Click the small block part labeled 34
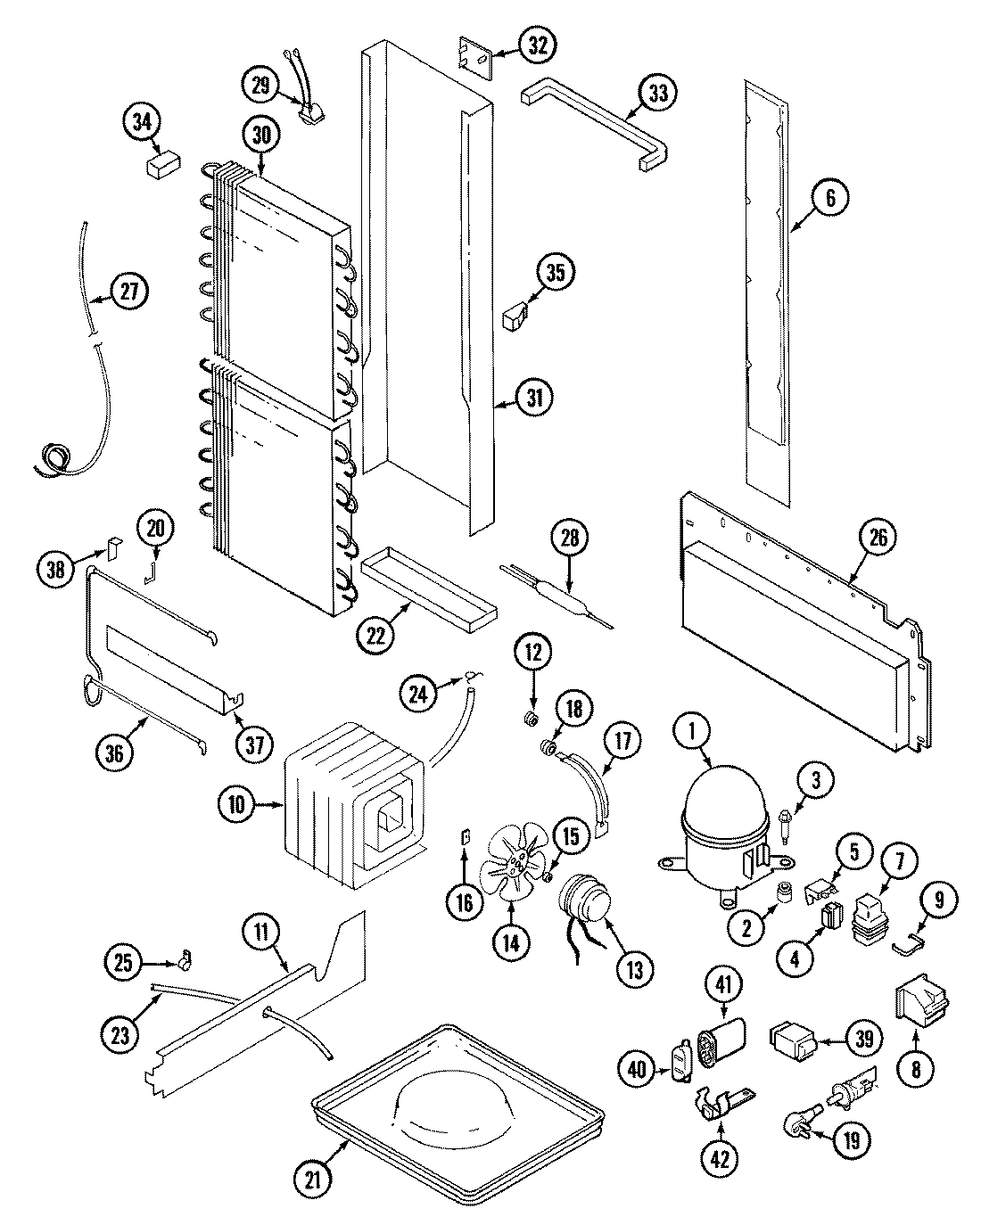(161, 165)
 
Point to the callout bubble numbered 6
(830, 198)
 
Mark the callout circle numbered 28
(570, 538)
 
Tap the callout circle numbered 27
(131, 292)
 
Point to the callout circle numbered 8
(915, 1066)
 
